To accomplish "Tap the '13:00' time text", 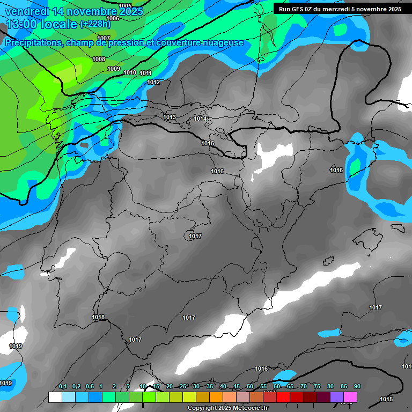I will (20, 24).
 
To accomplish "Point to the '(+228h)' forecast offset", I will (95, 24).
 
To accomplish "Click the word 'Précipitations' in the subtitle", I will (32, 43).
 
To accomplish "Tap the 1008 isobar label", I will (99, 60).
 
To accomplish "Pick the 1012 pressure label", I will (153, 82).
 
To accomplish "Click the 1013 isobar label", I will (170, 117).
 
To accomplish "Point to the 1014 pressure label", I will (201, 119).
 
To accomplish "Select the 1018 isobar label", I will (98, 318).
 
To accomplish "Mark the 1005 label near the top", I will (125, 6).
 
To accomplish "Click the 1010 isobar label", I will (130, 73).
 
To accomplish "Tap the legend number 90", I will (357, 386).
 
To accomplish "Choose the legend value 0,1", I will (63, 386).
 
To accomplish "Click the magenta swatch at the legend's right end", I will (350, 397).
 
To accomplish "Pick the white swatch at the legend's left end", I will (55, 397).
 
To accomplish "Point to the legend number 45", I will (237, 386).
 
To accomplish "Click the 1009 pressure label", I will (114, 69).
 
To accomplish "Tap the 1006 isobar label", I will (113, 18).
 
